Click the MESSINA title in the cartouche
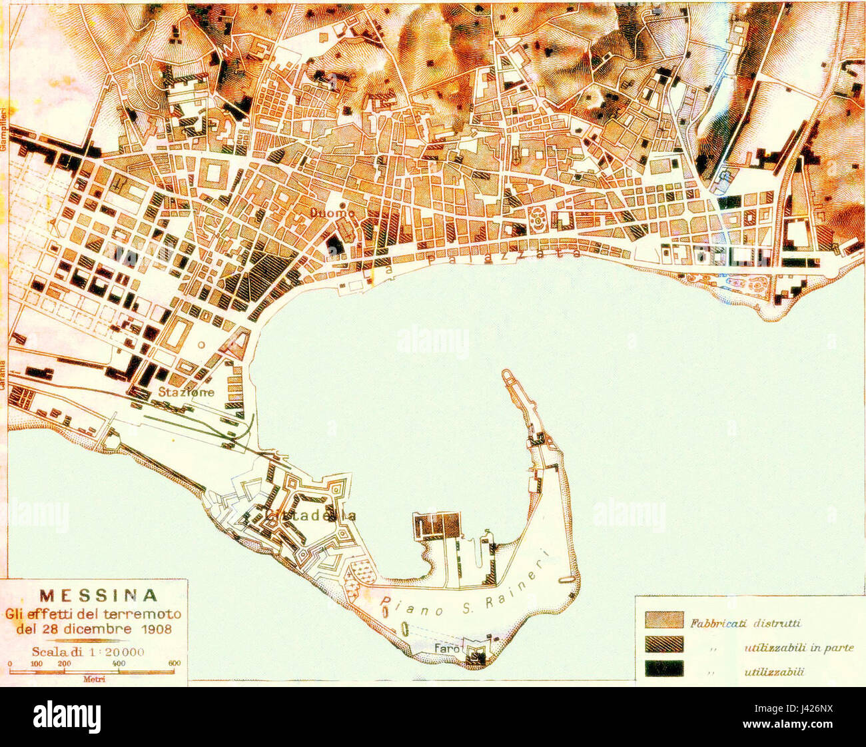pyautogui.click(x=99, y=595)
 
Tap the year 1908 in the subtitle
pyautogui.click(x=154, y=629)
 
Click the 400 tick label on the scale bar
pyautogui.click(x=119, y=664)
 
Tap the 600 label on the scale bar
pyautogui.click(x=174, y=664)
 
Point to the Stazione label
pyautogui.click(x=186, y=392)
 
